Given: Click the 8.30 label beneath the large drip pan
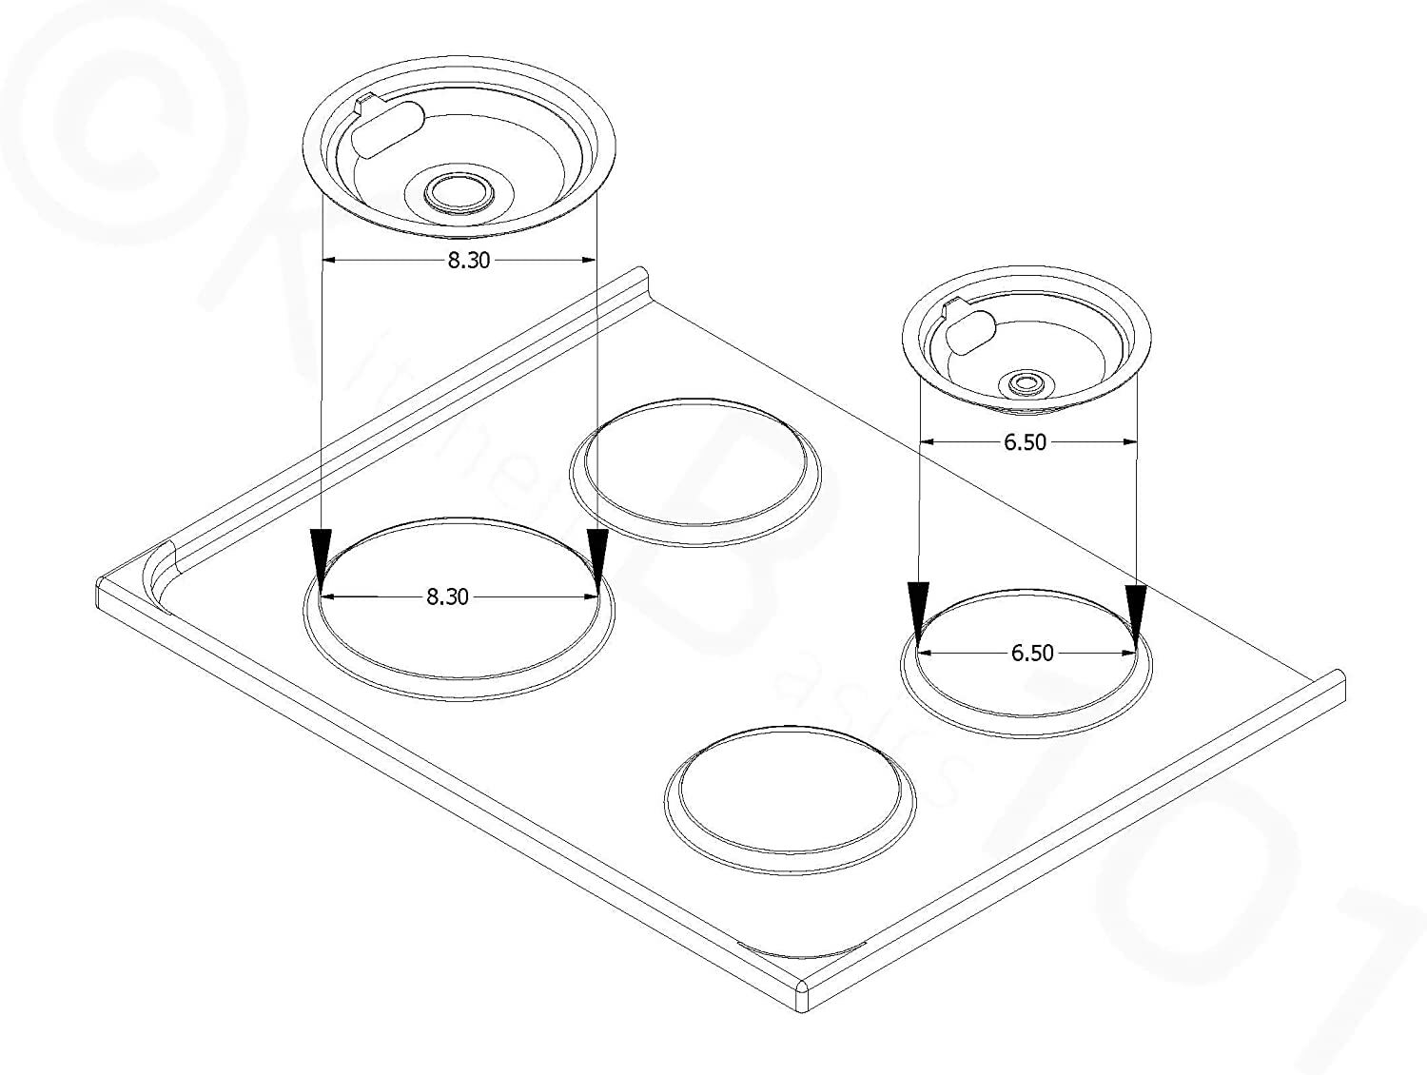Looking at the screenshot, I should pos(469,260).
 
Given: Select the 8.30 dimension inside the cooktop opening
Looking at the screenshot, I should pos(446,596).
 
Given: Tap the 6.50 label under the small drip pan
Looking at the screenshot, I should pos(1025,441).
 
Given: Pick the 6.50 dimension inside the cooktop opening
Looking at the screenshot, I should pos(1032,654).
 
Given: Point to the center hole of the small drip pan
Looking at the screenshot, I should pos(1026,384).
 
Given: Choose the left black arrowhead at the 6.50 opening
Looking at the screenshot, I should pos(917,609).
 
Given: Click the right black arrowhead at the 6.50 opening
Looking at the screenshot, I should pos(1136,609).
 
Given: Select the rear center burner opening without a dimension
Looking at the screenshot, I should pos(695,472).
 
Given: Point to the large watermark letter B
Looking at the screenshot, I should pos(723,533).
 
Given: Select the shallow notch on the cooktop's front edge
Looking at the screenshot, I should pos(804,948).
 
